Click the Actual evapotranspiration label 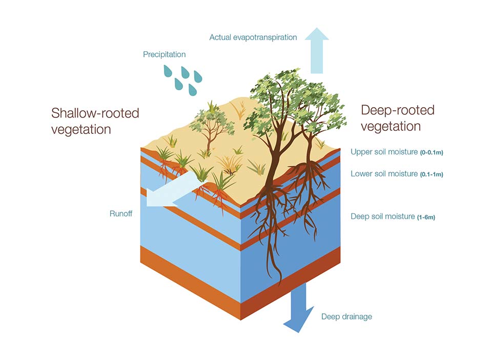pyautogui.click(x=253, y=37)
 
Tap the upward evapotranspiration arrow pyautogui.click(x=317, y=51)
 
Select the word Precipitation pyautogui.click(x=164, y=54)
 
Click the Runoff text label pyautogui.click(x=120, y=213)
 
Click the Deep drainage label pyautogui.click(x=346, y=316)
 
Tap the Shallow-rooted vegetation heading pyautogui.click(x=95, y=121)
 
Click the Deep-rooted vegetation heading pyautogui.click(x=397, y=117)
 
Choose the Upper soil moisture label pyautogui.click(x=384, y=152)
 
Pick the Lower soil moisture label pyautogui.click(x=384, y=174)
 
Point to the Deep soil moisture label pyautogui.click(x=382, y=216)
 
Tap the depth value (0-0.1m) pyautogui.click(x=432, y=153)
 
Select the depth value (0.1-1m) pyautogui.click(x=432, y=175)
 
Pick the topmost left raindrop pyautogui.click(x=168, y=71)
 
